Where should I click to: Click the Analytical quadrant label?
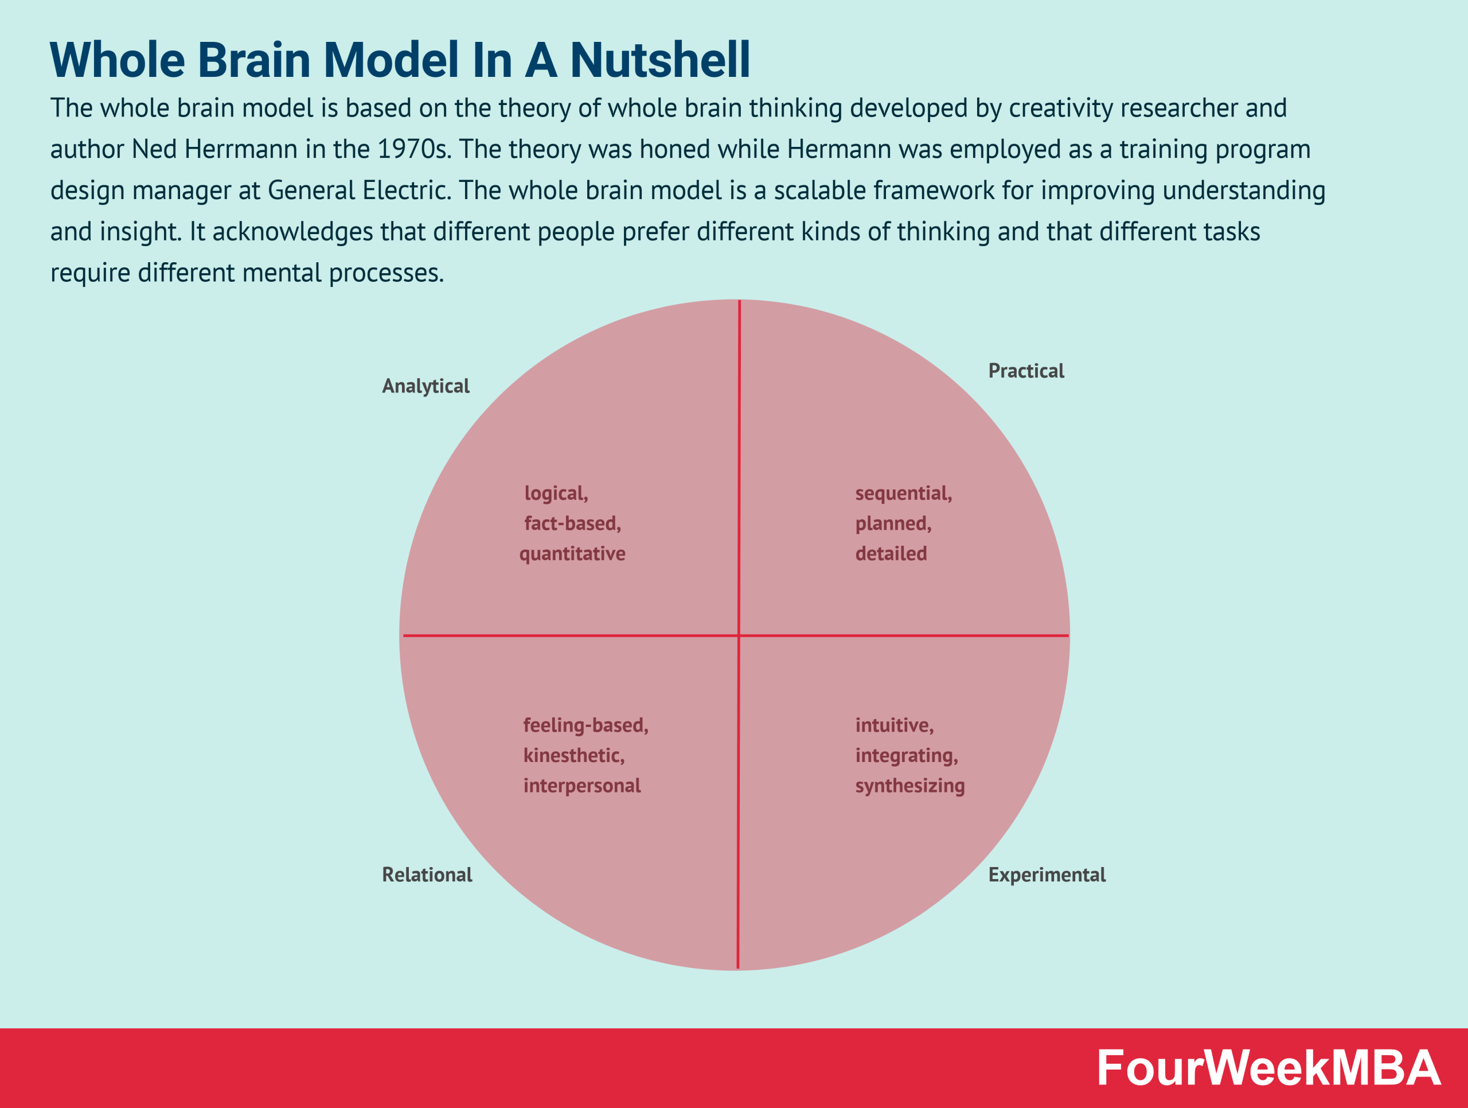(x=425, y=386)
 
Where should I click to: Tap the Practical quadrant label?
(x=1025, y=371)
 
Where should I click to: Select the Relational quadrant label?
(x=427, y=875)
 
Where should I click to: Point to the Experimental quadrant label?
(x=1047, y=875)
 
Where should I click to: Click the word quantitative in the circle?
(x=572, y=554)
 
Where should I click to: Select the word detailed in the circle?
(x=891, y=554)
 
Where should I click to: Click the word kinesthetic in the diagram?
(x=573, y=756)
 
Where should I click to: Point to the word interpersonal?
(x=581, y=786)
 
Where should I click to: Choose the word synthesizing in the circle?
(x=909, y=786)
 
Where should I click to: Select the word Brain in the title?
(x=253, y=60)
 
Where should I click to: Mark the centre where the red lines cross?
(x=739, y=635)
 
